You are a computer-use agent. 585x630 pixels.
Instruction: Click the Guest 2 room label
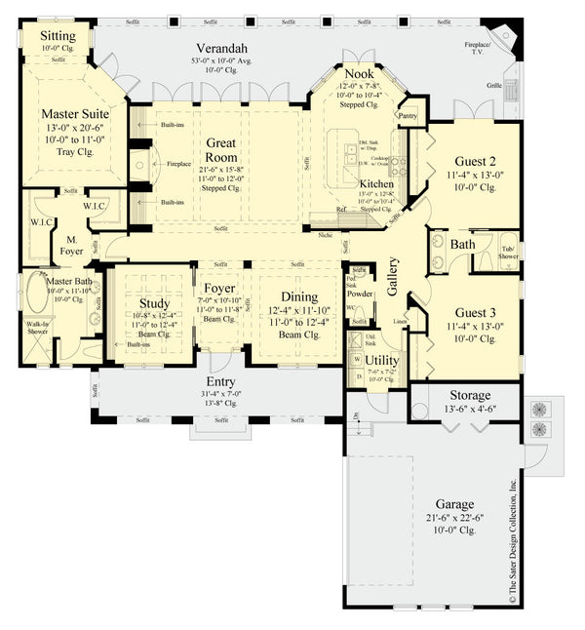tap(475, 161)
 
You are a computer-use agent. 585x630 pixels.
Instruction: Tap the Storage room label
tap(469, 395)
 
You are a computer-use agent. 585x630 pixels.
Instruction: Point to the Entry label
tap(220, 381)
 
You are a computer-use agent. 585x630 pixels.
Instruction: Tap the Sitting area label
tap(57, 35)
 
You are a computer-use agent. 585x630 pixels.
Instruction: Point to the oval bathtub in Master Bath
tap(36, 295)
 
